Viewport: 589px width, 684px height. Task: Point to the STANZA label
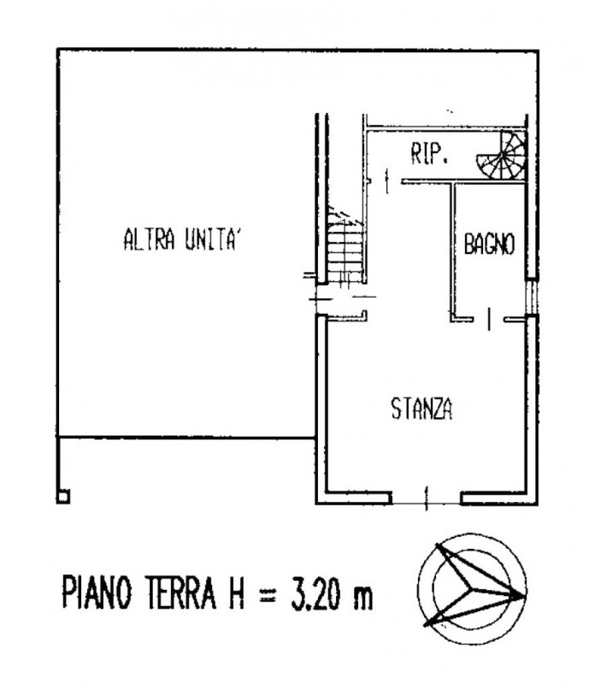[421, 409]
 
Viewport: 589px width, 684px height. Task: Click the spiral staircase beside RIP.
[506, 156]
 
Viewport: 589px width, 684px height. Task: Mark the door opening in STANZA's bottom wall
[427, 494]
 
